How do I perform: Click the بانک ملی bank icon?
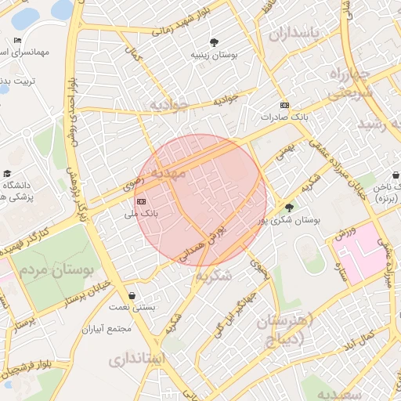point(141,201)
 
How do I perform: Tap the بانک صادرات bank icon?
point(284,106)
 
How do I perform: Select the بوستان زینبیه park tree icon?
point(215,42)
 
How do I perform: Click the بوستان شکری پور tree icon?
point(290,208)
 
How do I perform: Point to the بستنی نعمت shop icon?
point(131,296)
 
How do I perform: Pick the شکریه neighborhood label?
point(214,276)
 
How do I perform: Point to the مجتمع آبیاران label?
point(110,329)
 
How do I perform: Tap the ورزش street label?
point(346,233)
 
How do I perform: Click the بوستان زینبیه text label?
point(215,56)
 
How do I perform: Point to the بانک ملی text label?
point(143,212)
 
